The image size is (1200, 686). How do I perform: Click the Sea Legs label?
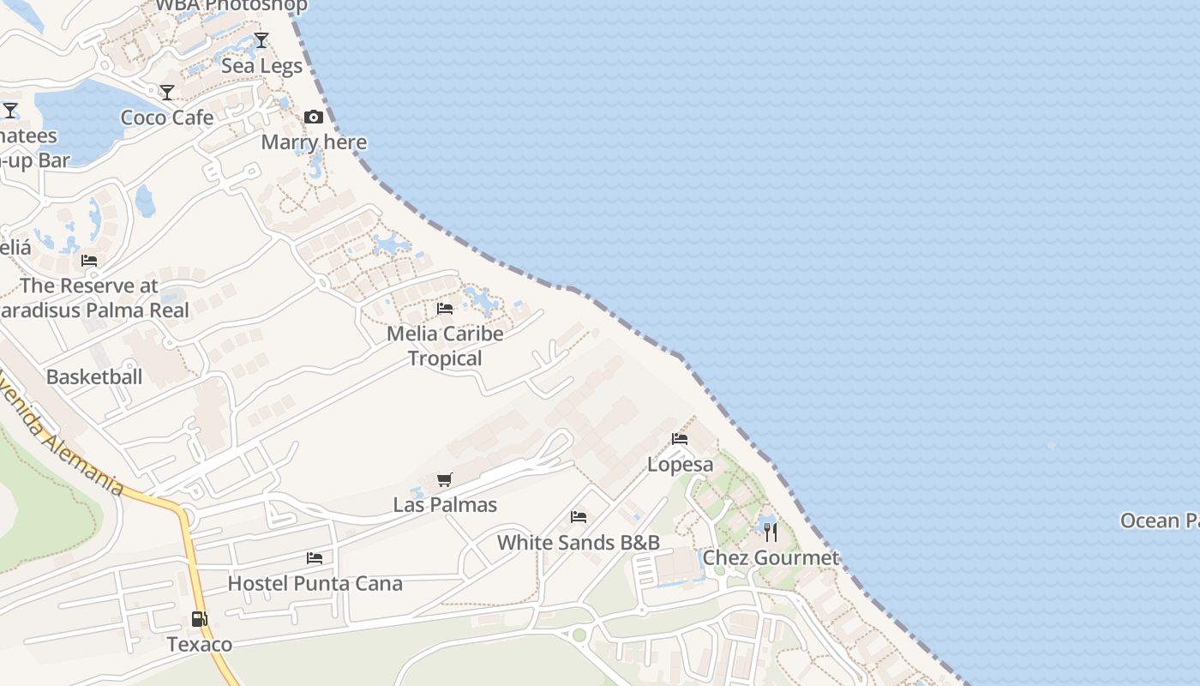[x=261, y=66]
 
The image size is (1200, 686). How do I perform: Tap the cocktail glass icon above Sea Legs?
[x=261, y=40]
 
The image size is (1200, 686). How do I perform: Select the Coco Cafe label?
[x=167, y=117]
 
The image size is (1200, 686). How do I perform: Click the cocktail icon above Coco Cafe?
[x=167, y=93]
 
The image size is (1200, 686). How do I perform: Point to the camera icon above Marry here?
[x=314, y=117]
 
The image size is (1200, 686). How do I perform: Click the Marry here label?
[x=314, y=142]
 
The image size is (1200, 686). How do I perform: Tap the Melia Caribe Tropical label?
[x=445, y=346]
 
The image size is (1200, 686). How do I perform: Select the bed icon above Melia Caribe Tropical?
[x=445, y=308]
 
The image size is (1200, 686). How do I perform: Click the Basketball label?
[x=94, y=376]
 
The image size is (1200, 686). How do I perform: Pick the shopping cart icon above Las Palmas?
[x=444, y=480]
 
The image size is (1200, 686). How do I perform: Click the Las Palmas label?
[x=445, y=505]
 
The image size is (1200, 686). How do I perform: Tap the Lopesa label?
[x=680, y=465]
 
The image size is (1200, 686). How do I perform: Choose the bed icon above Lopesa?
[x=680, y=439]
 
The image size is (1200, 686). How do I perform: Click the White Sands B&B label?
[x=579, y=543]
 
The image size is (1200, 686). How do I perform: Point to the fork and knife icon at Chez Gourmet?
[x=771, y=533]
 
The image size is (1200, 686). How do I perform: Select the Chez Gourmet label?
[x=771, y=558]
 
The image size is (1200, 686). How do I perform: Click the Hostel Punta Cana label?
[x=315, y=584]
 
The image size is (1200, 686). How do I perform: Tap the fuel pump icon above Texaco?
[x=199, y=618]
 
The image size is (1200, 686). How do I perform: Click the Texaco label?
[x=199, y=644]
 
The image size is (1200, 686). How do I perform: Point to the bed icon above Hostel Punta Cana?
[x=315, y=558]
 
